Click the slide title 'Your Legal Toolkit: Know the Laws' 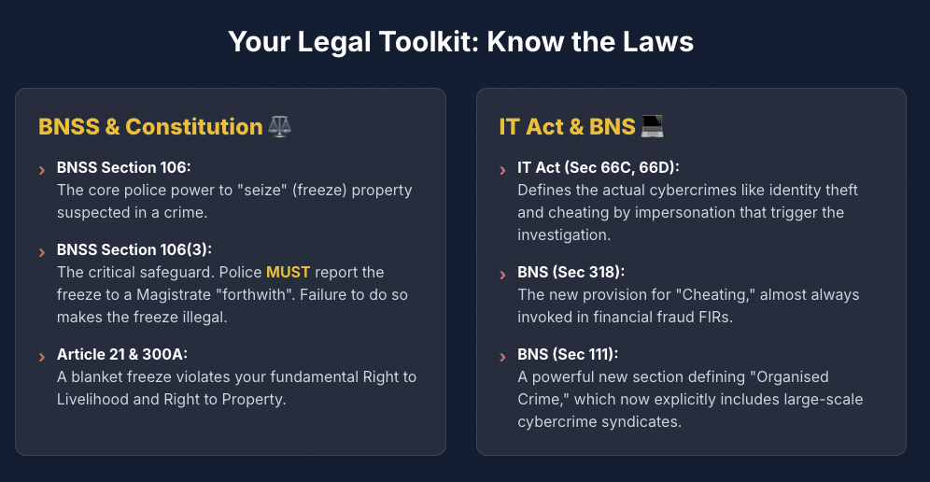click(461, 42)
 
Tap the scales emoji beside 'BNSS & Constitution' click(279, 126)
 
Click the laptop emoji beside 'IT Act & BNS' click(651, 126)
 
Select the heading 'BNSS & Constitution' click(150, 126)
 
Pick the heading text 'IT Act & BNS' click(567, 126)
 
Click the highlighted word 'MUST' click(288, 272)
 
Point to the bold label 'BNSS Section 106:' click(123, 167)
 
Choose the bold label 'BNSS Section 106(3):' click(134, 249)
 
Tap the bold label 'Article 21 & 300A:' click(128, 354)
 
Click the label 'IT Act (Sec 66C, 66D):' click(599, 167)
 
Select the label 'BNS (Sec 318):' click(571, 272)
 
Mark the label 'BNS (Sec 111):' click(568, 354)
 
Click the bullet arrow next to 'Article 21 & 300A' click(41, 357)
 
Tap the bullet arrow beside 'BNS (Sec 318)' click(502, 275)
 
